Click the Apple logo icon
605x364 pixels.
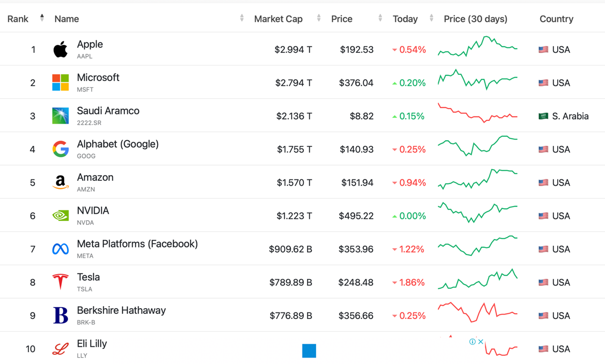pyautogui.click(x=60, y=49)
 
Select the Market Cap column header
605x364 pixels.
pyautogui.click(x=278, y=19)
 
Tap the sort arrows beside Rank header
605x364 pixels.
pyautogui.click(x=42, y=18)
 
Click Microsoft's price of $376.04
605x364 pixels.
pyautogui.click(x=356, y=83)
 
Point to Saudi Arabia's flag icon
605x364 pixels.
pyautogui.click(x=543, y=116)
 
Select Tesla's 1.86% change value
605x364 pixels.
pyautogui.click(x=408, y=282)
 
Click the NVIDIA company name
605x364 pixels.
pyautogui.click(x=93, y=211)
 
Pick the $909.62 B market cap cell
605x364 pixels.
pyautogui.click(x=290, y=249)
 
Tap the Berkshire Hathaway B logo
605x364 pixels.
pyautogui.click(x=60, y=315)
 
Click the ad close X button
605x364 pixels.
pyautogui.click(x=481, y=342)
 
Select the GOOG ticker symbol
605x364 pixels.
pyautogui.click(x=86, y=156)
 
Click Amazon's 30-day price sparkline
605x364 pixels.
pyautogui.click(x=477, y=179)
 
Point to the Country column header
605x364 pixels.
pyautogui.click(x=556, y=19)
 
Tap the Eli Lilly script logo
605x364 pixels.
pyautogui.click(x=60, y=349)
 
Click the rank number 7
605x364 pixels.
pyautogui.click(x=33, y=249)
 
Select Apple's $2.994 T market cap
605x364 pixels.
pyautogui.click(x=293, y=50)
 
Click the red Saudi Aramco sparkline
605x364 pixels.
pyautogui.click(x=477, y=113)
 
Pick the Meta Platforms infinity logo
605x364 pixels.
pyautogui.click(x=60, y=249)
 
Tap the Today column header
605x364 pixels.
pyautogui.click(x=405, y=19)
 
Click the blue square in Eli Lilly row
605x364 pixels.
pyautogui.click(x=309, y=350)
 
